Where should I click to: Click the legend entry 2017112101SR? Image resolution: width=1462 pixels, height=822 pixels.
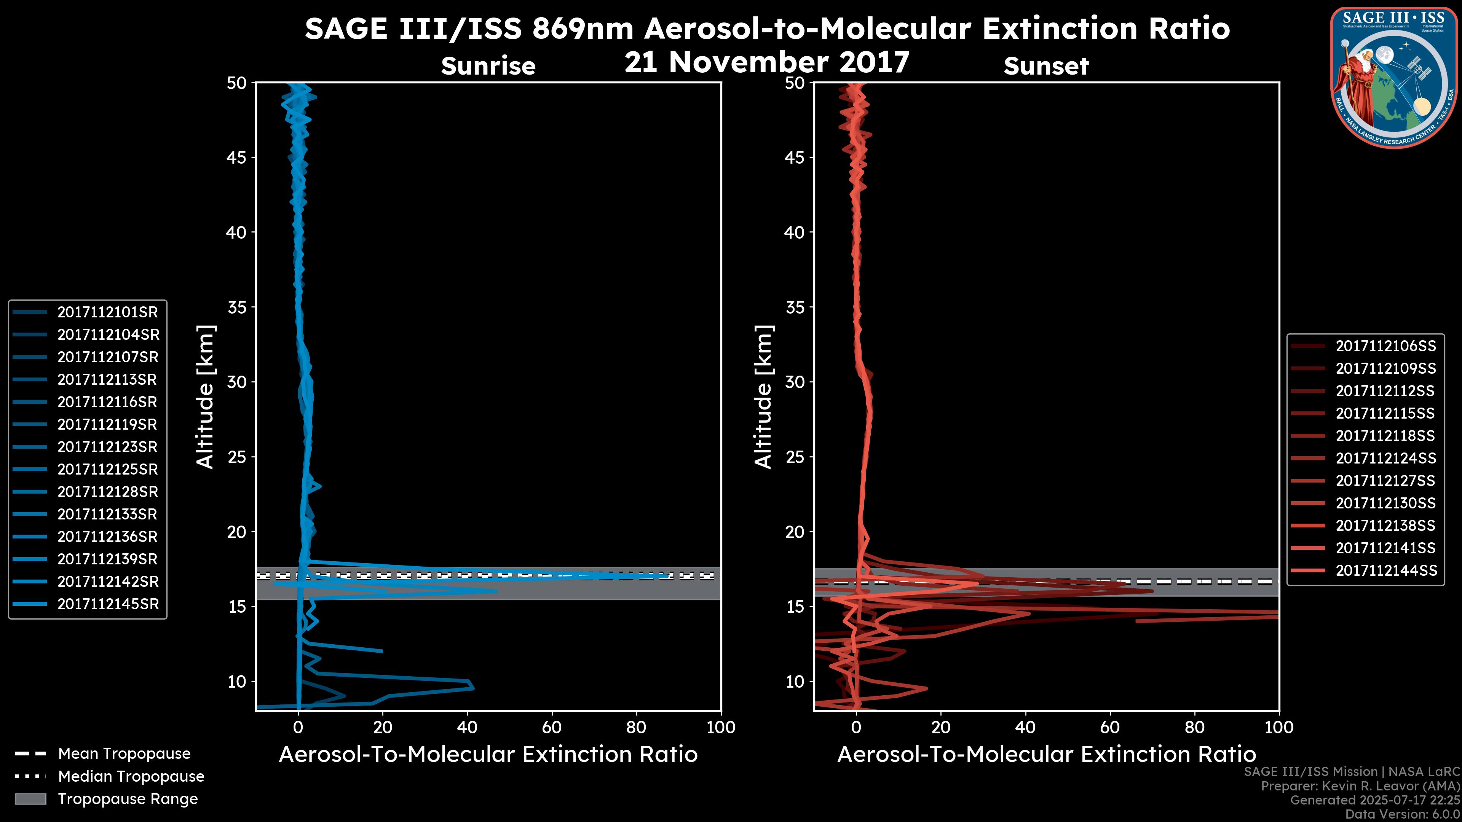[x=107, y=312]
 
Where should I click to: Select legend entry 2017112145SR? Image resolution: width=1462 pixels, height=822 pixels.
[x=107, y=604]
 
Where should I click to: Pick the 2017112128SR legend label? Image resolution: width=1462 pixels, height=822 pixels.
[x=107, y=492]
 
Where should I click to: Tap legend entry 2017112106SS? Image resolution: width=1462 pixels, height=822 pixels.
[x=1385, y=346]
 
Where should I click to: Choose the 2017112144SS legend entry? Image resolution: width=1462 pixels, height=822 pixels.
[x=1385, y=570]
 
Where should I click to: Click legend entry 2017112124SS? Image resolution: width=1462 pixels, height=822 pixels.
[x=1385, y=458]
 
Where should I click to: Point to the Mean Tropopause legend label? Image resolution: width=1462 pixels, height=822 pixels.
[x=124, y=754]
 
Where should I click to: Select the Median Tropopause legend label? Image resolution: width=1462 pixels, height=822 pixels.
[x=131, y=777]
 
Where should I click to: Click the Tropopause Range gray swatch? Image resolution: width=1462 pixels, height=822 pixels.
[x=30, y=799]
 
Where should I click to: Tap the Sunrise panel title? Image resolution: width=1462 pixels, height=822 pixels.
[x=488, y=66]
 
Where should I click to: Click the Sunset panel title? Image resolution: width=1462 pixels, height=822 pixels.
[x=1046, y=66]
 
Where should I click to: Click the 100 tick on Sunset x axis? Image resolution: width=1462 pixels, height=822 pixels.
[x=1279, y=727]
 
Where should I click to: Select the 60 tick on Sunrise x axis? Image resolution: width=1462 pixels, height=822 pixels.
[x=552, y=727]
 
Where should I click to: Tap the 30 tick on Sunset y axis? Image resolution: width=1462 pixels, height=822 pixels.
[x=795, y=382]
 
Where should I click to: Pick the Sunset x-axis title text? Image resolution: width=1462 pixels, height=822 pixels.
[x=1046, y=755]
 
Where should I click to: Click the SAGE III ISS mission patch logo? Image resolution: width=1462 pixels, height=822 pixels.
[x=1394, y=78]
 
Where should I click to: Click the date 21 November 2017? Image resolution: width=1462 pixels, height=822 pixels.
[x=767, y=62]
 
